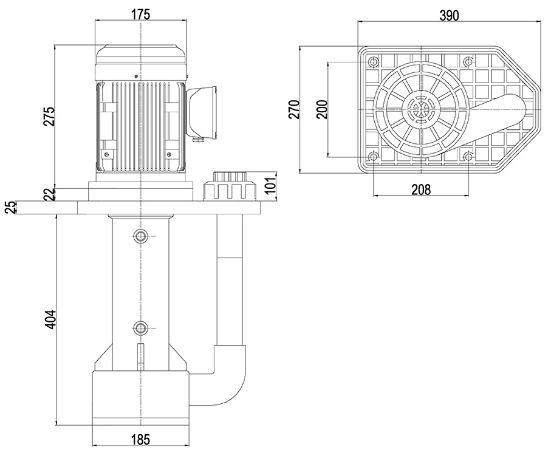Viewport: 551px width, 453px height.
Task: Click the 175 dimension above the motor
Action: pyautogui.click(x=140, y=15)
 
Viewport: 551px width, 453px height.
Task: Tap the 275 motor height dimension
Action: pyautogui.click(x=49, y=116)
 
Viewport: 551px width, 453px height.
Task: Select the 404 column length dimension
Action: pyautogui.click(x=50, y=319)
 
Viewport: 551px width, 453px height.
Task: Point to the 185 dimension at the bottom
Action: pyautogui.click(x=140, y=439)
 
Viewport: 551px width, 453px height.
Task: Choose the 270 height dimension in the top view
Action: pyautogui.click(x=294, y=110)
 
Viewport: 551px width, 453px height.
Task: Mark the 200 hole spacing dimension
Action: pyautogui.click(x=322, y=109)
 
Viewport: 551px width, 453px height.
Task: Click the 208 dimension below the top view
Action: pyautogui.click(x=420, y=189)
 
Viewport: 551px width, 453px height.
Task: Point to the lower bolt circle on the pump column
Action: pyautogui.click(x=141, y=329)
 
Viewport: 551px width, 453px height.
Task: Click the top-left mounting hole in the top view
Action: pyautogui.click(x=373, y=62)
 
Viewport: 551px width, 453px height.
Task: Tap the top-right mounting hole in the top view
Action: pyautogui.click(x=468, y=62)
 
